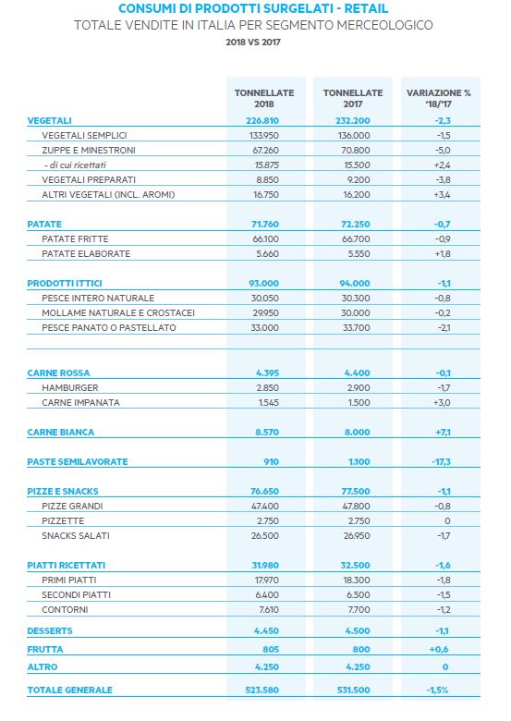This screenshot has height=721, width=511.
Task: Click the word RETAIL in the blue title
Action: tap(366, 8)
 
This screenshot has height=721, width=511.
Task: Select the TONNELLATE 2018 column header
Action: tap(264, 98)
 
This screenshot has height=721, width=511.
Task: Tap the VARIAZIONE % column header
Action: tap(438, 98)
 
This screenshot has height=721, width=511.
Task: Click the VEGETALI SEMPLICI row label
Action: tap(84, 135)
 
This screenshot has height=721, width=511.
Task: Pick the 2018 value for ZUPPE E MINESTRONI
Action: tap(265, 150)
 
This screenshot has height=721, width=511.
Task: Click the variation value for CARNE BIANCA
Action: tap(443, 432)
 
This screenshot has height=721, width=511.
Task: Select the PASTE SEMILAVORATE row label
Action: tap(78, 461)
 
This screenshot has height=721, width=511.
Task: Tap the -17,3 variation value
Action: tap(442, 461)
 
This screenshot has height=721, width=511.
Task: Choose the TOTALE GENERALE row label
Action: tap(69, 690)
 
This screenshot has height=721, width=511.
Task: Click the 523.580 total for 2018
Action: tap(262, 690)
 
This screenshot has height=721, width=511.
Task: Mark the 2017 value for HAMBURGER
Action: tap(359, 387)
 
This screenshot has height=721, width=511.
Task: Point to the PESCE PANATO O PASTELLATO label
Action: tap(109, 327)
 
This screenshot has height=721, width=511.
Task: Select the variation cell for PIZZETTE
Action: tap(447, 520)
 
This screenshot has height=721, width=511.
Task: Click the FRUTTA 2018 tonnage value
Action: tap(271, 649)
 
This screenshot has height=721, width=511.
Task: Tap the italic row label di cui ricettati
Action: tap(76, 165)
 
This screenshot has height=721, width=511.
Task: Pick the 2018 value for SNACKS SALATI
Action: tap(265, 535)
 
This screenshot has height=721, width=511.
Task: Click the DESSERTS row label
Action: tap(50, 630)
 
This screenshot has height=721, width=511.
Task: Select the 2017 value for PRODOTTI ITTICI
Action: tap(355, 283)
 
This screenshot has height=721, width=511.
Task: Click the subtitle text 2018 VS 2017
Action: tap(253, 42)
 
